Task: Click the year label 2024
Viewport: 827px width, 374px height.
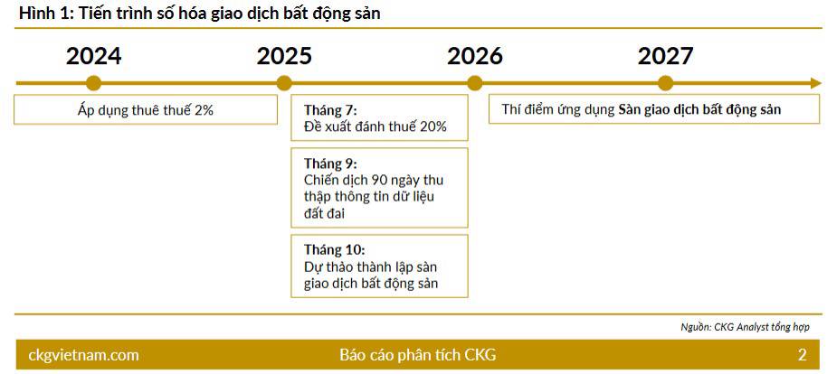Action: tap(93, 56)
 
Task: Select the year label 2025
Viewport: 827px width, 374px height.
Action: tap(284, 56)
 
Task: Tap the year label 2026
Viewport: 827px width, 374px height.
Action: tap(475, 56)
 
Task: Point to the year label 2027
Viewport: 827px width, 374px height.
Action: tap(665, 56)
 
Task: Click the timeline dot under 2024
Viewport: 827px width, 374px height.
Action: tap(93, 83)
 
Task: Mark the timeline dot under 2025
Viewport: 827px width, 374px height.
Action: tap(284, 83)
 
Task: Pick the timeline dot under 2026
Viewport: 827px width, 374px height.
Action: tap(475, 83)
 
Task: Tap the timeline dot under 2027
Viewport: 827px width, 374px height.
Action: tap(666, 83)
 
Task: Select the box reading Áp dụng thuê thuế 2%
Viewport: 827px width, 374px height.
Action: tap(146, 110)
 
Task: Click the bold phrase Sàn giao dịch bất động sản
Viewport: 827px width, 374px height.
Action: tap(699, 110)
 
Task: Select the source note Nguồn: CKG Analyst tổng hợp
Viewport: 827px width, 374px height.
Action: tap(745, 326)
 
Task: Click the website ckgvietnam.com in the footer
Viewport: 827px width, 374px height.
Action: tap(84, 355)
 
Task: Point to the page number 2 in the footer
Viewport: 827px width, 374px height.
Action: tap(802, 355)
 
